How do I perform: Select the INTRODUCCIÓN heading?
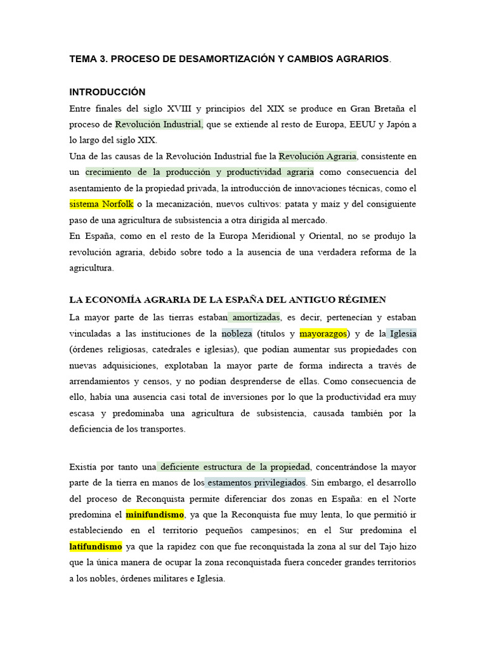click(107, 92)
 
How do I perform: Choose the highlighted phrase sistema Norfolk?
click(101, 204)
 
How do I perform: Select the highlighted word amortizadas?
click(254, 317)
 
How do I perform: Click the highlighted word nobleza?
click(237, 333)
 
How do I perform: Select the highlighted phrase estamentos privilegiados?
click(256, 482)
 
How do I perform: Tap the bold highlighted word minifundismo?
click(155, 514)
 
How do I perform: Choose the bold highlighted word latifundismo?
click(95, 546)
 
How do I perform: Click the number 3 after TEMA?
click(101, 59)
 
